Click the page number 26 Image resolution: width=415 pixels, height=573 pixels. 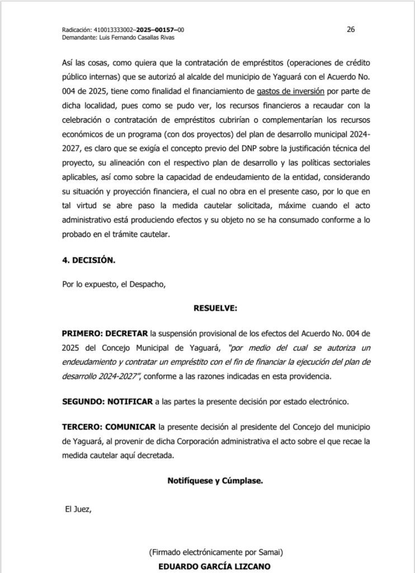point(351,30)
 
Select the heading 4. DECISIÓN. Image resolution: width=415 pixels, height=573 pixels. point(89,261)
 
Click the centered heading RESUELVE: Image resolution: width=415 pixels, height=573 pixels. point(215,308)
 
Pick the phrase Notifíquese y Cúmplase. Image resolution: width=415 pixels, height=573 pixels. point(215,480)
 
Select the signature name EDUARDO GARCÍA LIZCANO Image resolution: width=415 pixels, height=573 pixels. point(215,566)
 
